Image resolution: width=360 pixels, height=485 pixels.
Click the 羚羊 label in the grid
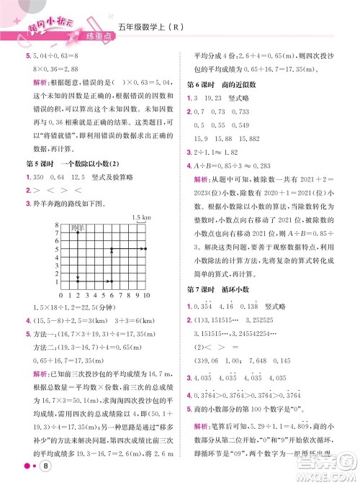(78, 229)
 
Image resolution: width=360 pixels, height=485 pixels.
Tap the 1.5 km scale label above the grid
(140, 217)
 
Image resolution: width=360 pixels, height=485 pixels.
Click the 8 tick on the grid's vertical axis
(56, 226)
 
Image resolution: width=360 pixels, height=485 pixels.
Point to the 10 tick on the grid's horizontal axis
(146, 296)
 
